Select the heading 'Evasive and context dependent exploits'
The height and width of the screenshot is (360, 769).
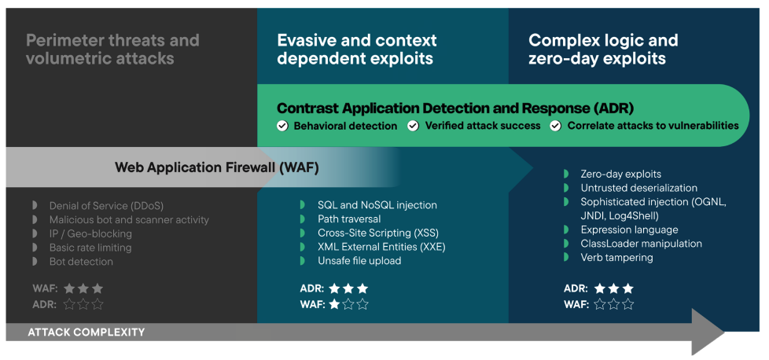point(356,49)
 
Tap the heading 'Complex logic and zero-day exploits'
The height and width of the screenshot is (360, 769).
point(602,49)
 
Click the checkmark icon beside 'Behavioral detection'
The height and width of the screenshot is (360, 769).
point(282,126)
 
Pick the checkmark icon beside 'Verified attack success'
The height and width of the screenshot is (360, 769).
point(413,126)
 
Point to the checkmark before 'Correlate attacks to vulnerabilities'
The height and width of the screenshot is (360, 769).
point(555,126)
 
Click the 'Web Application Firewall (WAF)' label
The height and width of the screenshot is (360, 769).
point(216,167)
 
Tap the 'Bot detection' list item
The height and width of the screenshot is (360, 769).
point(81,262)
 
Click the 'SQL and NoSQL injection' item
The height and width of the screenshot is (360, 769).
point(377,205)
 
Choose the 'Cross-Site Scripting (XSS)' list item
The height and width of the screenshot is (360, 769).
point(377,233)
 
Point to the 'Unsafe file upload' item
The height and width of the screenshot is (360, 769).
point(359,261)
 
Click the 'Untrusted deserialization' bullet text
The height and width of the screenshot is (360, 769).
point(638,188)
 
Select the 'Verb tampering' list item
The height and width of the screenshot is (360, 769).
point(616,258)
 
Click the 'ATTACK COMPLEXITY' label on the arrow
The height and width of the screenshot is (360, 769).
point(86,332)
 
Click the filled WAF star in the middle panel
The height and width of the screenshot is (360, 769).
point(334,304)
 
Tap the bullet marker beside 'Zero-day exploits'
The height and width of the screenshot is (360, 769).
point(566,174)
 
